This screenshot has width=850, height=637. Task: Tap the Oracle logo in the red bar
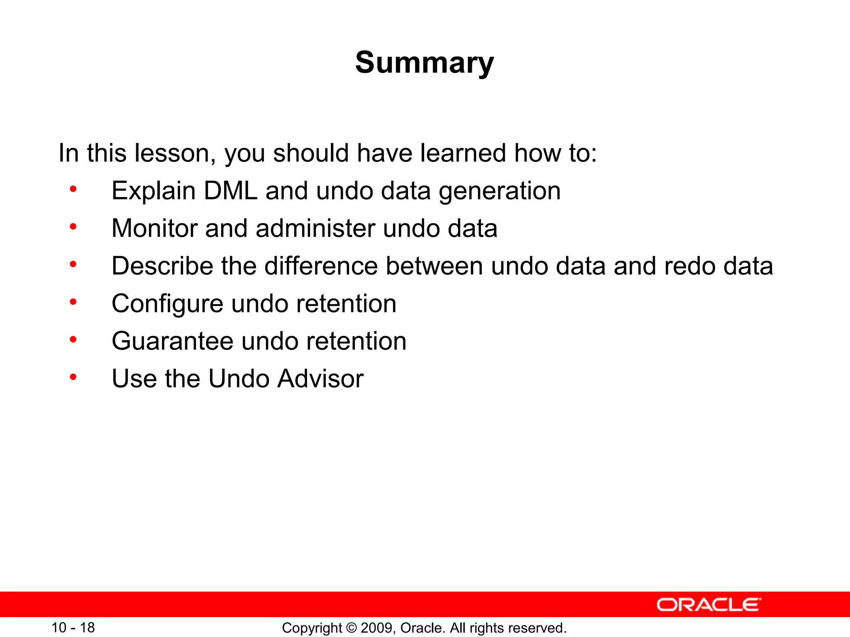(708, 605)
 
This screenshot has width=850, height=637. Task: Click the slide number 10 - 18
(73, 627)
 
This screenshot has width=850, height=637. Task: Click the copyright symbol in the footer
(351, 628)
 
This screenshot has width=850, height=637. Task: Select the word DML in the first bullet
(230, 191)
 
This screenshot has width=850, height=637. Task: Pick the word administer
(315, 229)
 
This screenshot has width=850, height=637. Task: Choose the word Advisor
(320, 379)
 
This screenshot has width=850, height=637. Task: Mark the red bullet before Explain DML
(73, 190)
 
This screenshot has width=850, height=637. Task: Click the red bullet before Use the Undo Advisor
(73, 377)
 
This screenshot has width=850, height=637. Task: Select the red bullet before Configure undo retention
(73, 302)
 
